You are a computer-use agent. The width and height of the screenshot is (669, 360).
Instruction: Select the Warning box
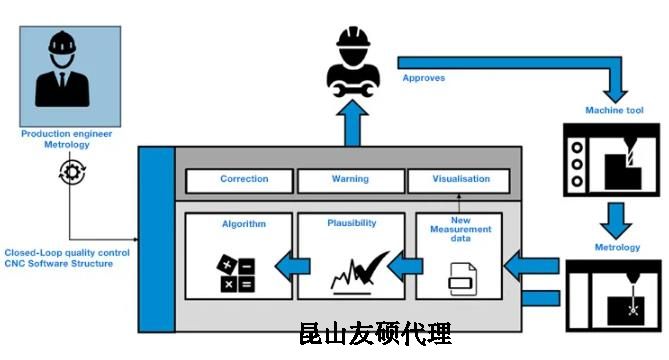tap(349, 180)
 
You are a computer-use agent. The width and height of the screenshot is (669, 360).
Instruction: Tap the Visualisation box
tap(461, 180)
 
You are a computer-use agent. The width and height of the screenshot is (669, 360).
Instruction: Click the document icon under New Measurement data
tap(461, 279)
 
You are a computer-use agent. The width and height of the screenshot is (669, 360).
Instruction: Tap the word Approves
tap(424, 77)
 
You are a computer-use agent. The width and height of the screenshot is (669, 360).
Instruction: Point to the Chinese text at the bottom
tap(375, 332)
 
